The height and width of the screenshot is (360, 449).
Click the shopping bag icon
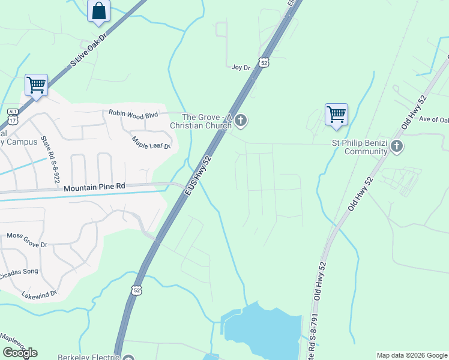pos(98,11)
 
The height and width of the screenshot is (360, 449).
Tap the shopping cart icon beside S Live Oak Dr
pos(36,85)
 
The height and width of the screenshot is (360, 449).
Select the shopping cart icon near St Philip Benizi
pos(336,114)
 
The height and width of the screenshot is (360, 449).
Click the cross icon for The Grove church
pos(241,121)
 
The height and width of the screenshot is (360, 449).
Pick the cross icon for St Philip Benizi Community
pos(396,146)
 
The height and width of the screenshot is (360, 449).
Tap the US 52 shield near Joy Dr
pos(264,62)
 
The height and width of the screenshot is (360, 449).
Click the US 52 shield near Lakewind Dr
pos(137,290)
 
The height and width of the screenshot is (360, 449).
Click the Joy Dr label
pos(241,68)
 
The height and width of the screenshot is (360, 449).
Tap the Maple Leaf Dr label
pos(152,143)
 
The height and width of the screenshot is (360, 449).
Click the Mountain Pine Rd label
pos(94,187)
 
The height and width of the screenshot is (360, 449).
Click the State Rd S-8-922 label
pos(50,160)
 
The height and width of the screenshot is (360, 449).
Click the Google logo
pos(20,353)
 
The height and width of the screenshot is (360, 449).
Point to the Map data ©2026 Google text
pos(411,355)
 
